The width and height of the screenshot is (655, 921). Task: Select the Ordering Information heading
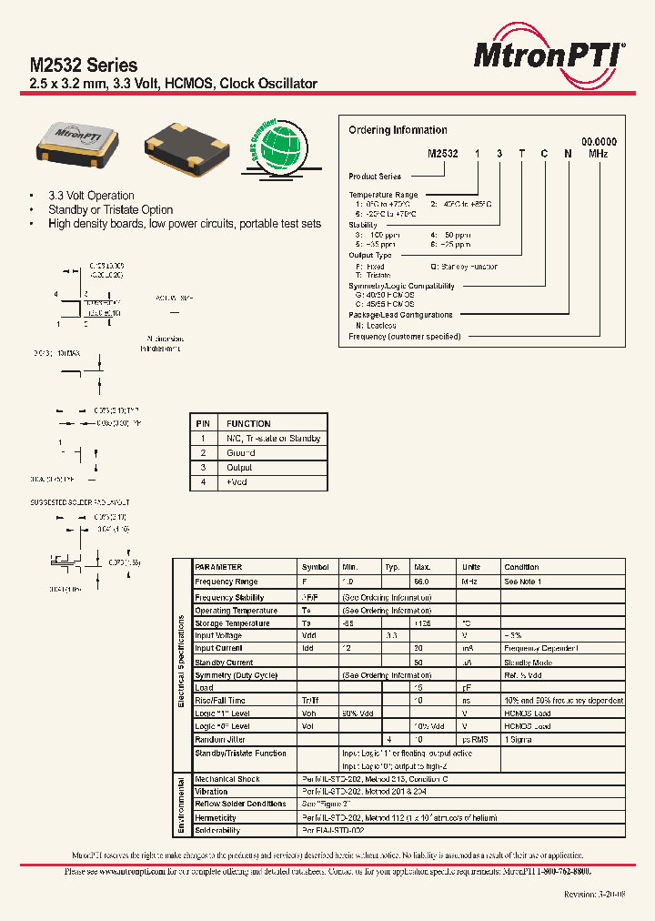click(398, 130)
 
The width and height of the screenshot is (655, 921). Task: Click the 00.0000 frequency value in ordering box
click(599, 142)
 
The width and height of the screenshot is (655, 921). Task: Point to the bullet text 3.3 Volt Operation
click(91, 196)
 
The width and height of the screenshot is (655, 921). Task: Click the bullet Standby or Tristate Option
click(110, 209)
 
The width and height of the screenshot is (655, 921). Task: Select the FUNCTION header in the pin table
click(248, 424)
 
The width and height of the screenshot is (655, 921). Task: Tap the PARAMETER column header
click(218, 567)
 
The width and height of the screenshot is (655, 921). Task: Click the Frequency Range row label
click(227, 582)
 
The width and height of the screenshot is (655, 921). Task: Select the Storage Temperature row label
click(232, 623)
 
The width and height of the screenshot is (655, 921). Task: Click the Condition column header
click(521, 567)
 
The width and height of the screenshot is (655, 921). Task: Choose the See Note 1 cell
click(523, 582)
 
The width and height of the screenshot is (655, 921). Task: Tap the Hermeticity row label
click(217, 818)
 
